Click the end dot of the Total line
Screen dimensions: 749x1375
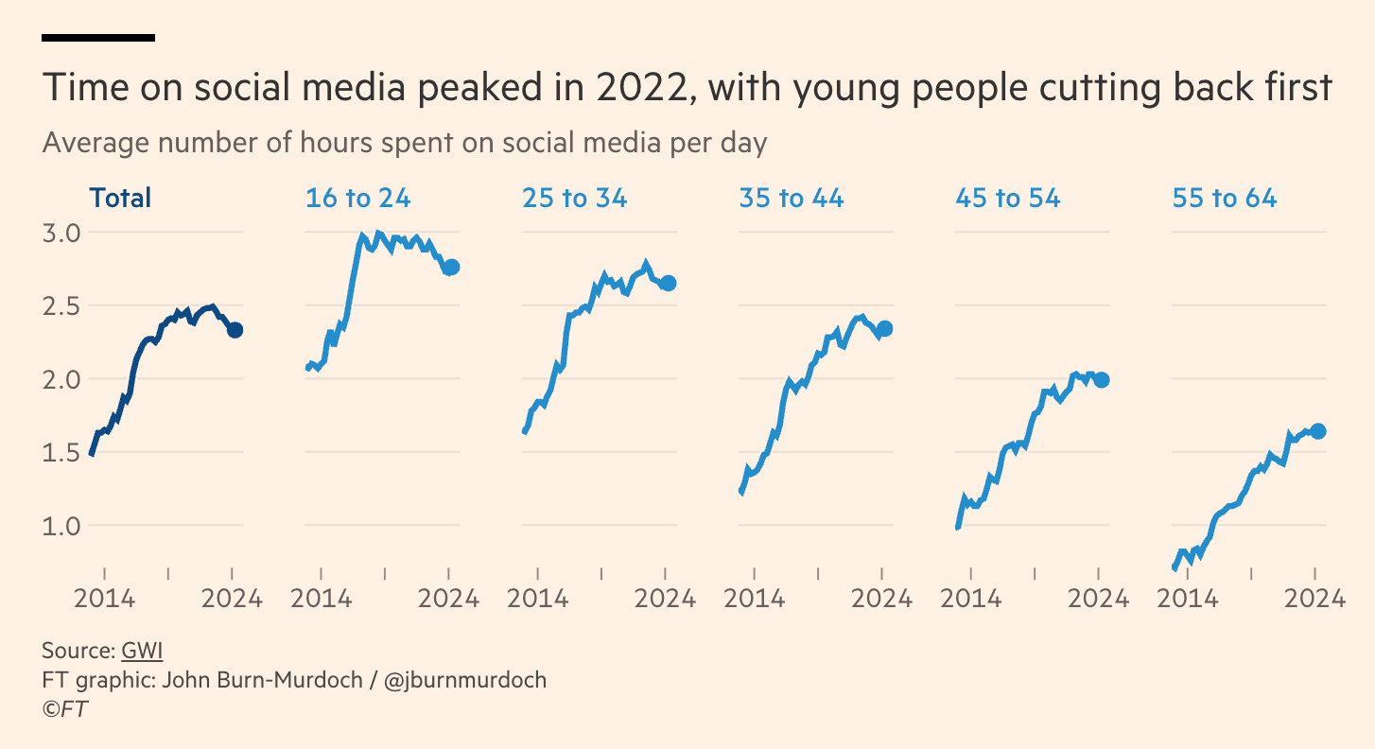click(x=235, y=330)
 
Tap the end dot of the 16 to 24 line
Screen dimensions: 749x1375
click(x=451, y=268)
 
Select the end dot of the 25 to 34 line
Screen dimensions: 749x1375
click(x=668, y=283)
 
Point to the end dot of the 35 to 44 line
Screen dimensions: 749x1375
click(x=885, y=328)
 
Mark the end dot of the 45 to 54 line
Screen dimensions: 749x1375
click(x=1101, y=379)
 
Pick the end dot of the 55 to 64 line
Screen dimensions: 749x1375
click(x=1318, y=431)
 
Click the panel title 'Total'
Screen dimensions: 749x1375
click(x=120, y=199)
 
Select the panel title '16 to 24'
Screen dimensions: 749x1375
click(x=357, y=199)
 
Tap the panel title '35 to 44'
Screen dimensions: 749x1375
click(x=791, y=199)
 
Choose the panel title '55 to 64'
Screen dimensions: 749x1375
click(x=1224, y=199)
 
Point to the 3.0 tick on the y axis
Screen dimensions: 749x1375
click(x=61, y=233)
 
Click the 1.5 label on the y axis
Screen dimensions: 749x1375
click(x=61, y=452)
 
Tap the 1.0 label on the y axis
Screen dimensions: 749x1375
click(x=61, y=526)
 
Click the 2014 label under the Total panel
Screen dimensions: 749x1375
click(x=104, y=599)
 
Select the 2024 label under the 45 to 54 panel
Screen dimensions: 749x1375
click(x=1098, y=599)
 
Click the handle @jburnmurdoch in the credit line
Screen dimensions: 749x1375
click(x=465, y=680)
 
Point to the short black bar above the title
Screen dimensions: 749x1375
click(x=98, y=38)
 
